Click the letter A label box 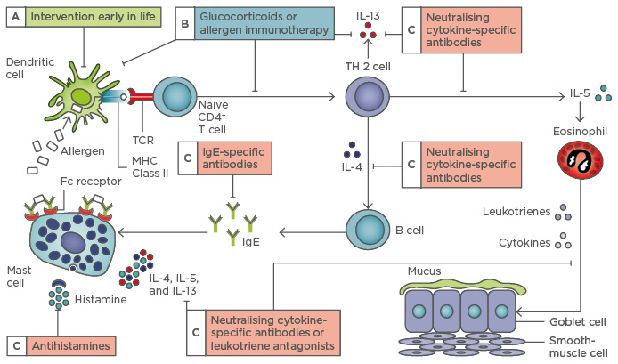click(x=15, y=18)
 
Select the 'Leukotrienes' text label click(x=513, y=211)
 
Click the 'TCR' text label click(x=142, y=140)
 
